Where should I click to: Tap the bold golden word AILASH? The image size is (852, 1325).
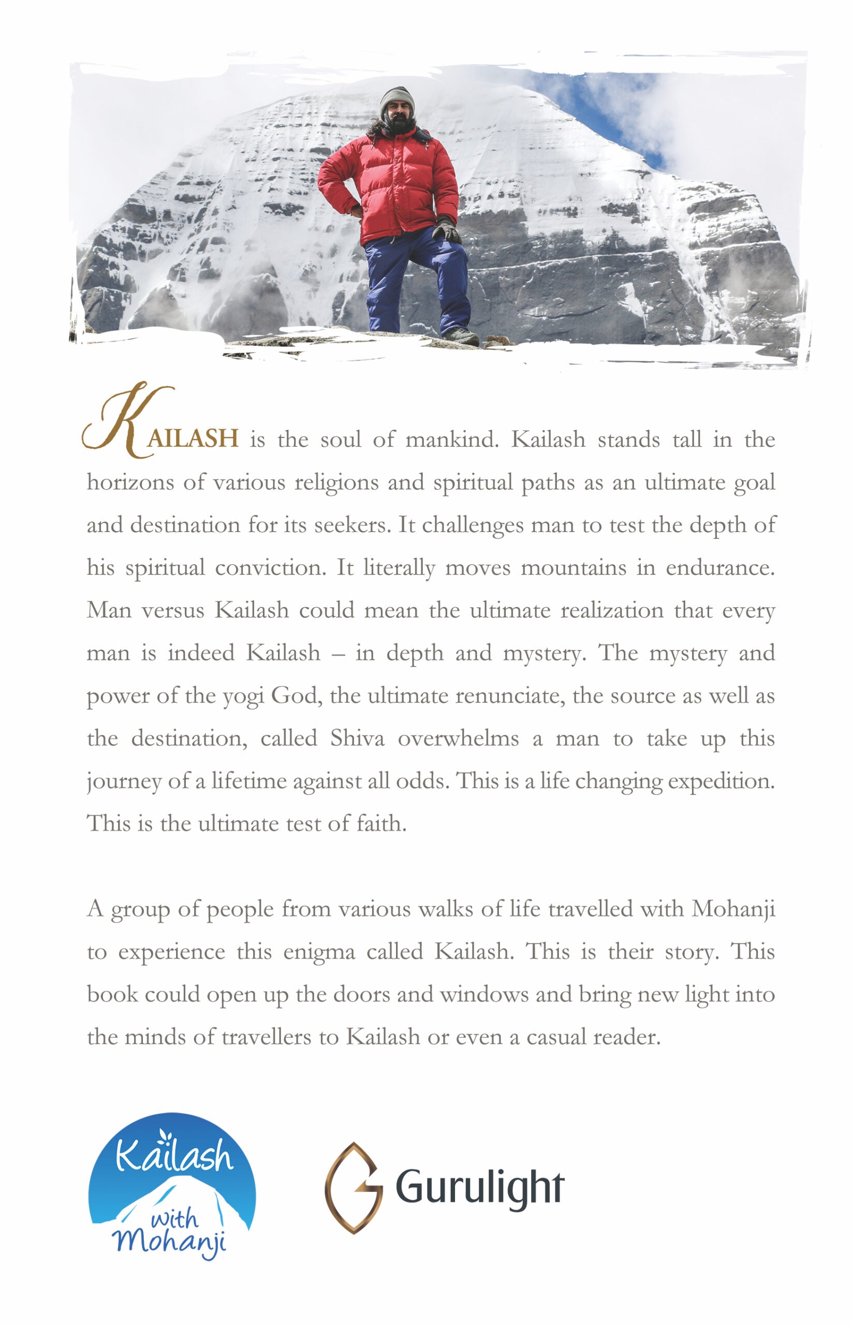[193, 438]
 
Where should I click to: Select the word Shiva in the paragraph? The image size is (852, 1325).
[357, 738]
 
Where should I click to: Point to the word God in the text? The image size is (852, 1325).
[296, 696]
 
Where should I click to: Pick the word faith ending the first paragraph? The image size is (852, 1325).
[381, 823]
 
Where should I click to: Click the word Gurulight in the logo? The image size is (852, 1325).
[480, 1186]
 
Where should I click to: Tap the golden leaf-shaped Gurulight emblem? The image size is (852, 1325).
[352, 1187]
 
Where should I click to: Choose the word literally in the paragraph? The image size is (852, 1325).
[399, 568]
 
